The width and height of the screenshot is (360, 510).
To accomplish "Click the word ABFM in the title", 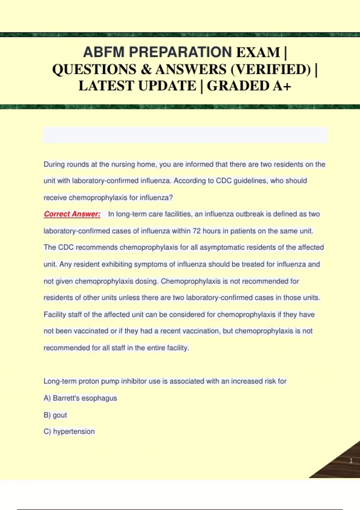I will [103, 52].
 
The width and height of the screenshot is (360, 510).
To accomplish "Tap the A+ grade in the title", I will [282, 86].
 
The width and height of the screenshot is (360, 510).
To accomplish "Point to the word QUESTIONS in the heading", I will [94, 70].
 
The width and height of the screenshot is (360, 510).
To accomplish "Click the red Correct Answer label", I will [72, 214].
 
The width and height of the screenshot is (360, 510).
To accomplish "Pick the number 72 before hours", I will [196, 231].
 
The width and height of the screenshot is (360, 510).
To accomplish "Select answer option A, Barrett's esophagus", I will [80, 398].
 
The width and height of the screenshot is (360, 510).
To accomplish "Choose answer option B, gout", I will [55, 415].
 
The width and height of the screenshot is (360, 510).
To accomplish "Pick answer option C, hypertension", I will [69, 431].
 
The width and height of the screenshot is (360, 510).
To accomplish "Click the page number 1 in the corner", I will [351, 461].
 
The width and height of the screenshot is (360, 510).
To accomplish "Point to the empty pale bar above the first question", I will [185, 135].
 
